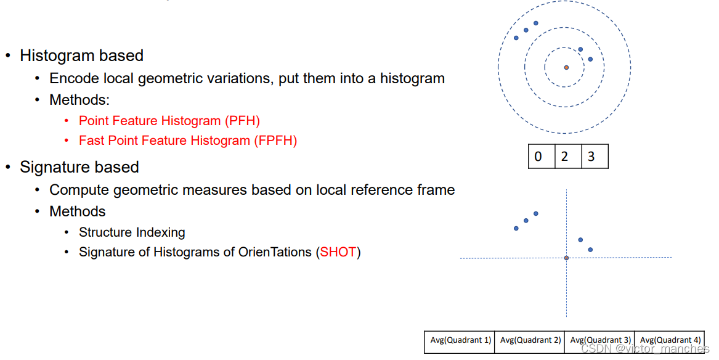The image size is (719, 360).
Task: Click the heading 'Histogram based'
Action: click(x=81, y=55)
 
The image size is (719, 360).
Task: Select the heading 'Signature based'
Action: click(x=79, y=167)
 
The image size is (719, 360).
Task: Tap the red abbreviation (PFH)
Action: click(x=242, y=121)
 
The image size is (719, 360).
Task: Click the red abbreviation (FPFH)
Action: click(x=275, y=141)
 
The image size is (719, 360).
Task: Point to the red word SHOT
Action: click(x=338, y=252)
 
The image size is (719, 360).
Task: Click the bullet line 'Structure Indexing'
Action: click(x=132, y=232)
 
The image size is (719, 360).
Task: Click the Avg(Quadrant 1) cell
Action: click(x=460, y=340)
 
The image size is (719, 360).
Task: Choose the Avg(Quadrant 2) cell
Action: click(x=530, y=340)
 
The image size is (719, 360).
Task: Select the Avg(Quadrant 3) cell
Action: click(x=599, y=340)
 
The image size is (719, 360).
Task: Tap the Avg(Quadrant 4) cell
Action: click(x=670, y=340)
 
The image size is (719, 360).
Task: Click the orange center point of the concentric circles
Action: click(x=566, y=67)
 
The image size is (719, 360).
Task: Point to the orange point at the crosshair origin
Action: click(x=566, y=258)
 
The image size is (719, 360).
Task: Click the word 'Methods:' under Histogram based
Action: click(x=79, y=100)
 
